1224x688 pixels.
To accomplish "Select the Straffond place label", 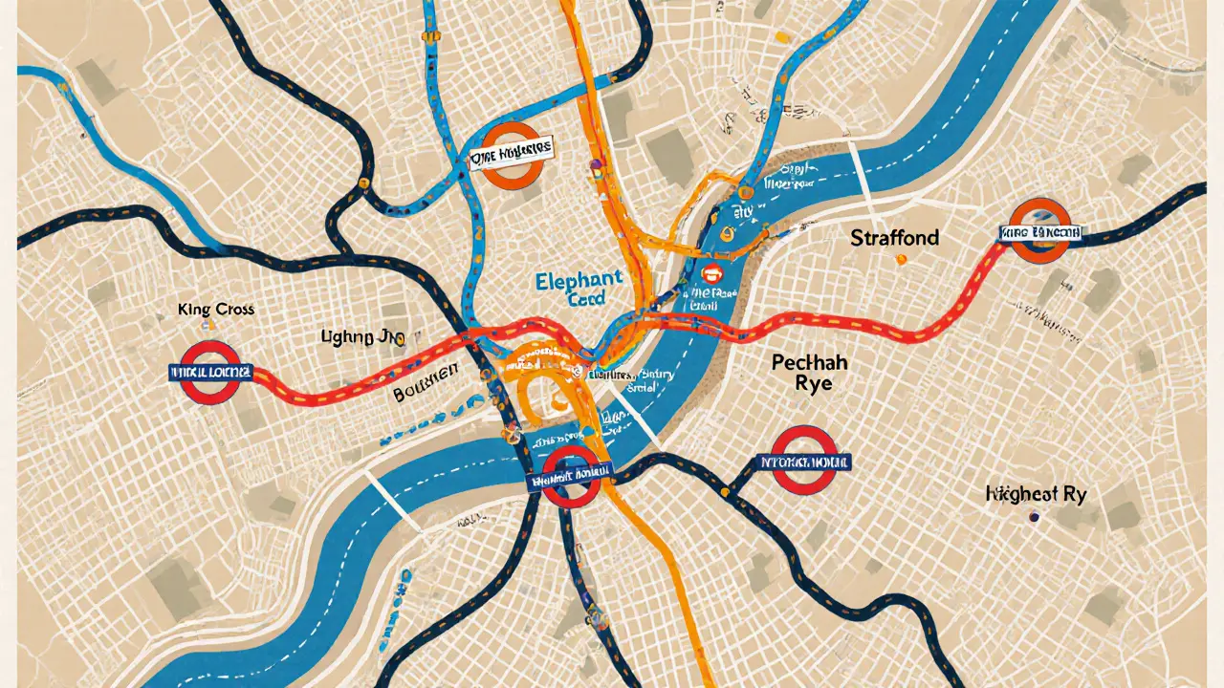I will click(894, 237).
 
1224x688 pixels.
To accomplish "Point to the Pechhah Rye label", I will click(809, 374).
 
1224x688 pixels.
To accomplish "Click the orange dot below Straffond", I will click(899, 259).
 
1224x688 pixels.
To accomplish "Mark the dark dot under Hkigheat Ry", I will click(1033, 516).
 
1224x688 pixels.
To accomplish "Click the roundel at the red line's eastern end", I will click(1039, 231).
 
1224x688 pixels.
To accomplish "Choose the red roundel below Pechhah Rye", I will click(804, 459).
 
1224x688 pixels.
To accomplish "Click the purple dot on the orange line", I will click(595, 164).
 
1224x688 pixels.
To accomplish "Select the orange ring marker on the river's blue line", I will click(727, 231).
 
